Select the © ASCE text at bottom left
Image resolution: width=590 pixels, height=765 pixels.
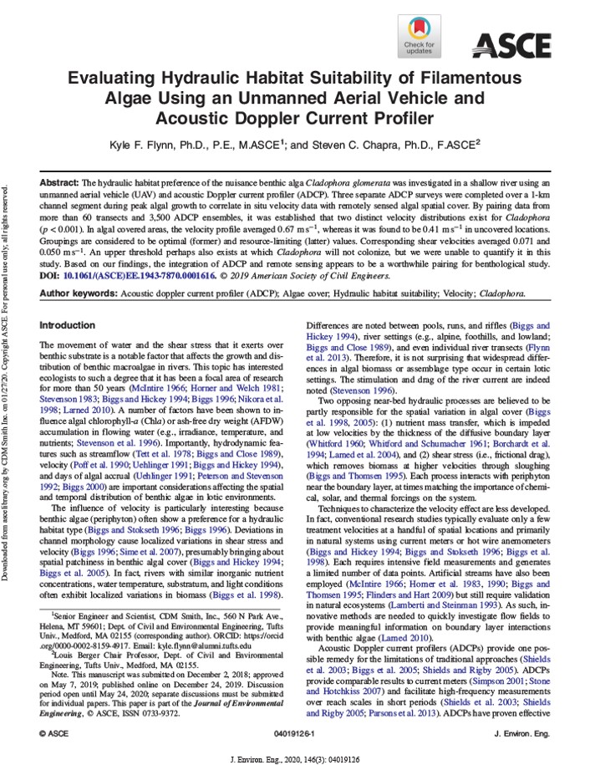54,708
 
